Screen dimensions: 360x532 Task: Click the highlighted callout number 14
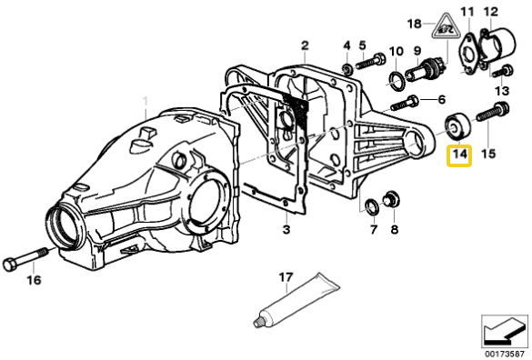[x=460, y=156]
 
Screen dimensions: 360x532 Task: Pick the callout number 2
[x=305, y=45]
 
